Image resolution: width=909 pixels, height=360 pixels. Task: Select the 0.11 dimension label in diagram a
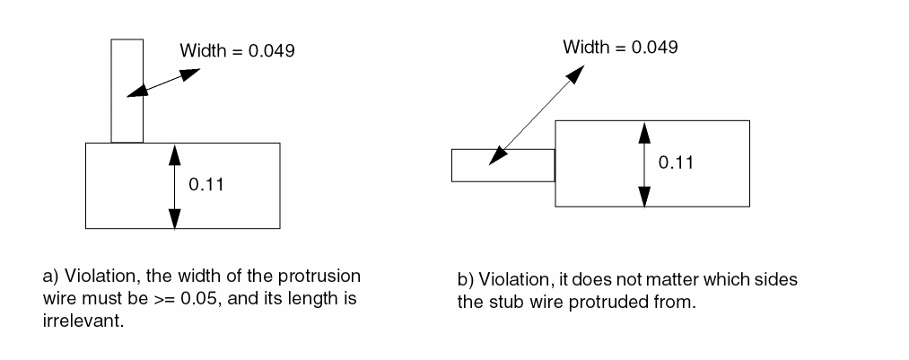(205, 186)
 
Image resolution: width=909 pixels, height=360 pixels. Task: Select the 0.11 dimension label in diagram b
(676, 162)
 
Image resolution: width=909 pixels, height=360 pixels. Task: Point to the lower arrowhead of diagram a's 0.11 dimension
(174, 218)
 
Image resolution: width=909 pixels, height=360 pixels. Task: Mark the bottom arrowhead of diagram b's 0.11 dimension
(643, 197)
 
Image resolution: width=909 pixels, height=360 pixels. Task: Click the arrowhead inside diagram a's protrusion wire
(135, 91)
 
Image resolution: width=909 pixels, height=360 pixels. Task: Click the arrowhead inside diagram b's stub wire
(494, 158)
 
